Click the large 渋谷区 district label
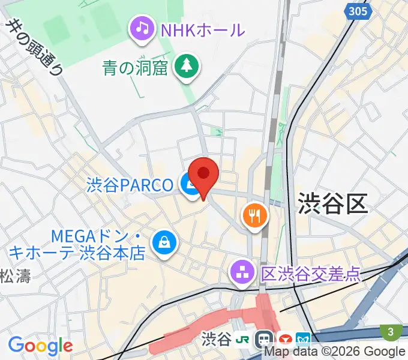(332, 204)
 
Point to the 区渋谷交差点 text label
(311, 274)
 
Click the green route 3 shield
(391, 331)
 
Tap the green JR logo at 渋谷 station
(243, 340)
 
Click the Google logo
(40, 346)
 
